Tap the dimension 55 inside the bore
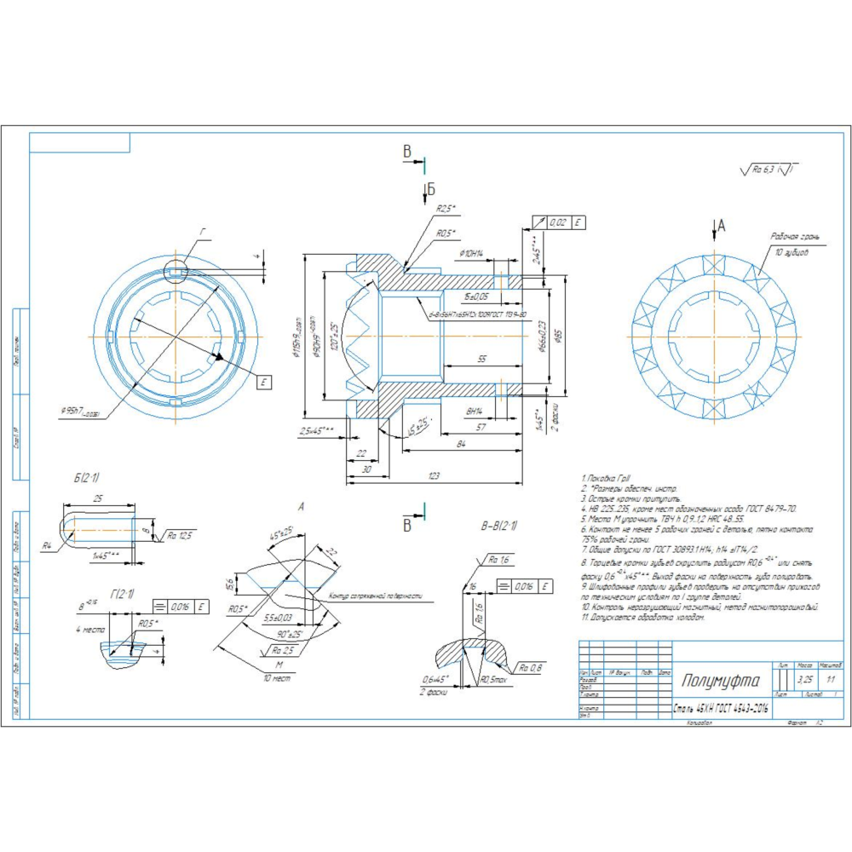tap(481, 360)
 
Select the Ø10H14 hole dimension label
tap(471, 253)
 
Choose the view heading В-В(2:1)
tap(499, 525)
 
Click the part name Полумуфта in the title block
tap(720, 681)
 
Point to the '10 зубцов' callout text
tap(792, 253)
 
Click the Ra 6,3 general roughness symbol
tap(770, 170)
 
